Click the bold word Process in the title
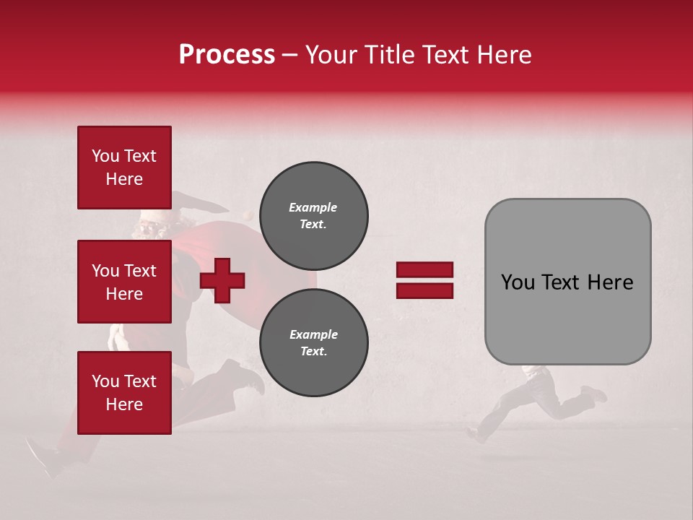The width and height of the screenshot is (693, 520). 227,55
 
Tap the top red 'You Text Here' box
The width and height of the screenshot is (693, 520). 124,168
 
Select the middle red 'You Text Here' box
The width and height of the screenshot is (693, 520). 124,282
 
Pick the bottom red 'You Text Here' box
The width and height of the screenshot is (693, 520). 124,392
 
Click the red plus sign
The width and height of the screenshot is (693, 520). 222,279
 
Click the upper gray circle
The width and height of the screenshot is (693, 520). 313,215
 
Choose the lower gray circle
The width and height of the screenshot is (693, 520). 313,342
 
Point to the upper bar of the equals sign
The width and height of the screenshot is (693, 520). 424,269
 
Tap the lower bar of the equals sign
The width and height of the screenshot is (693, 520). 424,290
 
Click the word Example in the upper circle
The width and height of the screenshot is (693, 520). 313,207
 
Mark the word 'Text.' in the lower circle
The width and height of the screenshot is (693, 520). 313,352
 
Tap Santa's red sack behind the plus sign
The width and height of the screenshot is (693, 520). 217,246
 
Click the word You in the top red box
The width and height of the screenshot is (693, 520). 105,156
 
